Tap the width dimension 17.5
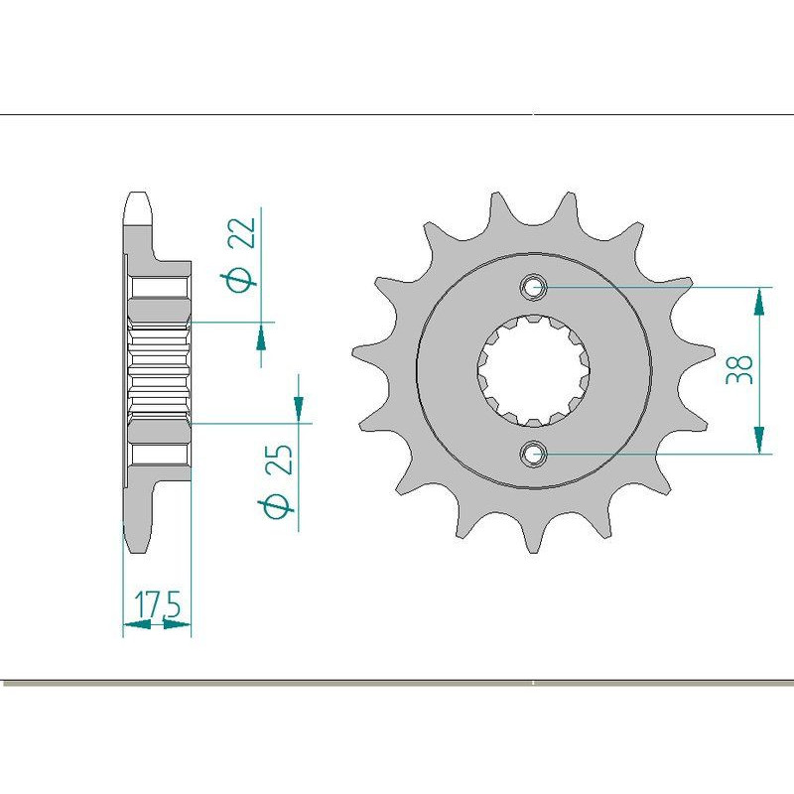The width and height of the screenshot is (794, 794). coord(156,603)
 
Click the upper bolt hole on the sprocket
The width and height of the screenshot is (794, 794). coord(535,288)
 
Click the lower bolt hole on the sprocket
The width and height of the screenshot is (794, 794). coord(535,455)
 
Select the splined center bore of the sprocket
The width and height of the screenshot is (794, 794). coord(535,370)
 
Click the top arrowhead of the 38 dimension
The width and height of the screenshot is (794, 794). coord(760,299)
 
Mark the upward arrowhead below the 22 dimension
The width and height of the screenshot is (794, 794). coord(262,338)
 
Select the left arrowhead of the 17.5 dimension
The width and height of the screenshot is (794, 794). coord(133,625)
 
